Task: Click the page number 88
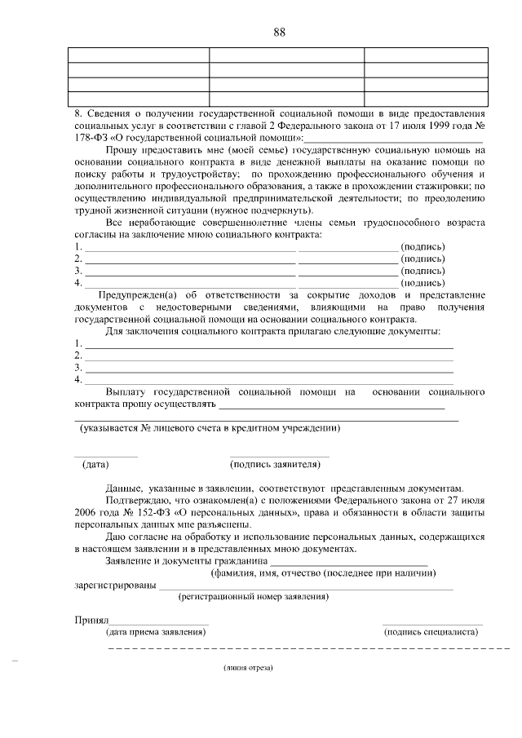click(x=279, y=32)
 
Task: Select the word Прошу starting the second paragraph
click(x=122, y=150)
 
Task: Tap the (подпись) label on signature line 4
click(x=422, y=283)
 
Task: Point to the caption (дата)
click(x=95, y=465)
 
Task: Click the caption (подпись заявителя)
click(x=275, y=465)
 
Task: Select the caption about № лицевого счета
click(x=210, y=428)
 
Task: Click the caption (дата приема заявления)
click(x=154, y=632)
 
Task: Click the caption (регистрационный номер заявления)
click(x=254, y=596)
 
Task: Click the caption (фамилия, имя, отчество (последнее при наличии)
click(x=322, y=572)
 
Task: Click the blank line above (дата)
click(x=106, y=456)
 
